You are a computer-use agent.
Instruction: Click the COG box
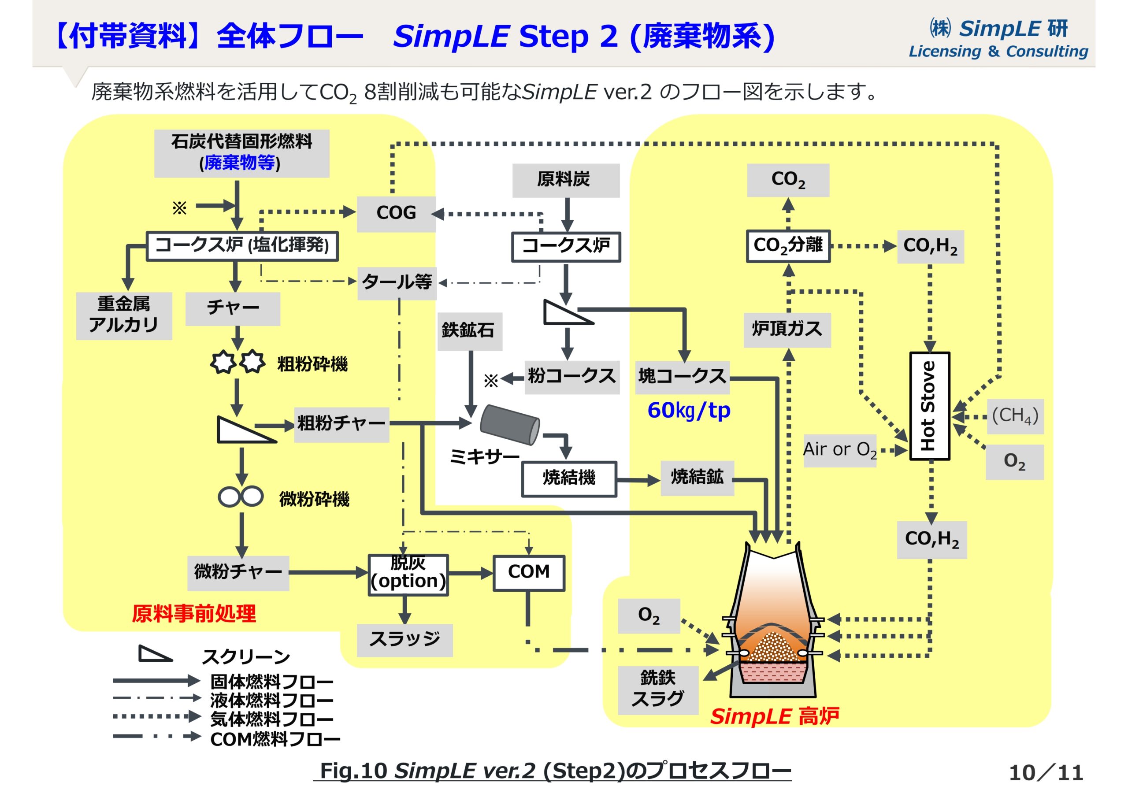click(396, 213)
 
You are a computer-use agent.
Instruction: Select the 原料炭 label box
click(565, 180)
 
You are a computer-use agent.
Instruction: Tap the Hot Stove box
click(929, 406)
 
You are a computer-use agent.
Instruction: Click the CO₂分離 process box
click(788, 246)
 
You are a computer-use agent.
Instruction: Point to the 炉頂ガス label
click(787, 330)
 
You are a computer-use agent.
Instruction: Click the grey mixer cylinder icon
click(509, 425)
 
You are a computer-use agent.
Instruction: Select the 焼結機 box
click(569, 478)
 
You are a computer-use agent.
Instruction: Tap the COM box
click(529, 572)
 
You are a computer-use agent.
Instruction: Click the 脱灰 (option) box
click(408, 575)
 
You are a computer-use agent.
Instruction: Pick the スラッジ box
click(404, 640)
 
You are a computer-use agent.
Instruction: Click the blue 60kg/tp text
click(688, 410)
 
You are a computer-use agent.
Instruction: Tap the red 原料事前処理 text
click(193, 614)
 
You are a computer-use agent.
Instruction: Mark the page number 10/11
click(1046, 772)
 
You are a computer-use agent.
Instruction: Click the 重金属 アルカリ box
click(124, 315)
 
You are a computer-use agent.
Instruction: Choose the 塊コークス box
click(682, 377)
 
